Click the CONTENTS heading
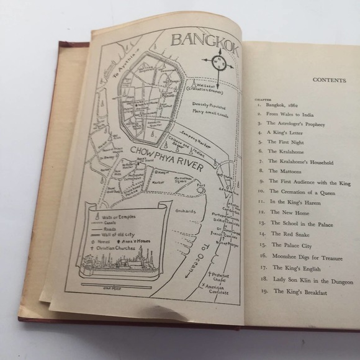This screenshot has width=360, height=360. pyautogui.click(x=330, y=80)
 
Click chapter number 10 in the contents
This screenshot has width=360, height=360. pyautogui.click(x=263, y=192)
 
